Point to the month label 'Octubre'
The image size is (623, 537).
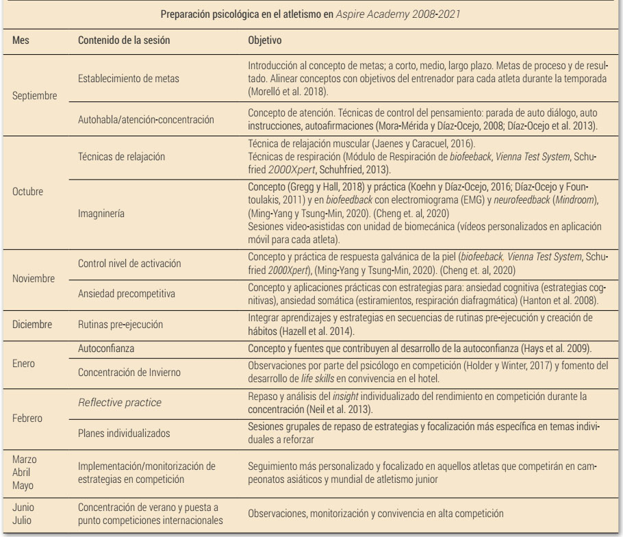point(29,191)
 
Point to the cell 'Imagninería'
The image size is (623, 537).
point(103,213)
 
